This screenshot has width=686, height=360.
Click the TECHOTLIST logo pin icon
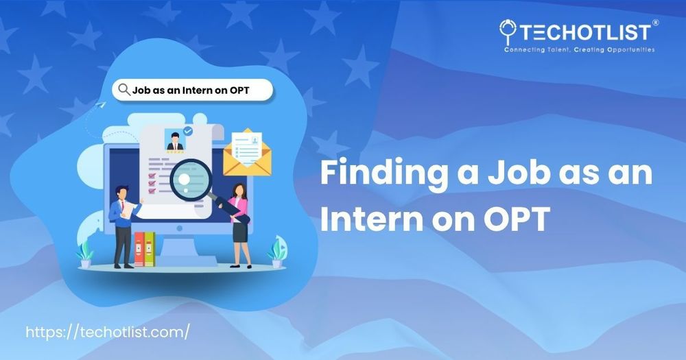pyautogui.click(x=508, y=32)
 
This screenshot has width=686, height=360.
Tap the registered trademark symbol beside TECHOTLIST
pyautogui.click(x=655, y=23)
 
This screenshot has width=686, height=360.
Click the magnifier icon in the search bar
pyautogui.click(x=124, y=90)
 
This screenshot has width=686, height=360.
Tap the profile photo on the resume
pyautogui.click(x=175, y=140)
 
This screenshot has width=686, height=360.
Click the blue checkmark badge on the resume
pyautogui.click(x=188, y=131)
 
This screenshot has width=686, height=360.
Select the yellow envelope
pyautogui.click(x=247, y=153)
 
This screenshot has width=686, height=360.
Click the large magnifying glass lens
pyautogui.click(x=191, y=180)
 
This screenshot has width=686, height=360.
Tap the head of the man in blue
pyautogui.click(x=123, y=192)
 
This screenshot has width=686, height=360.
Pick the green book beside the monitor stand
pyautogui.click(x=150, y=249)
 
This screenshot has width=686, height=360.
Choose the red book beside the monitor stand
pyautogui.click(x=139, y=249)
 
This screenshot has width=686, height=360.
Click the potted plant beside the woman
pyautogui.click(x=277, y=251)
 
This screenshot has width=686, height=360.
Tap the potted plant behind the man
pyautogui.click(x=85, y=254)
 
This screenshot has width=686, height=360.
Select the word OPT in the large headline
pyautogui.click(x=517, y=219)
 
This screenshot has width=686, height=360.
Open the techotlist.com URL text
pyautogui.click(x=108, y=332)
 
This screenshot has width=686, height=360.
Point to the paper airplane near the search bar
pyautogui.click(x=100, y=105)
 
